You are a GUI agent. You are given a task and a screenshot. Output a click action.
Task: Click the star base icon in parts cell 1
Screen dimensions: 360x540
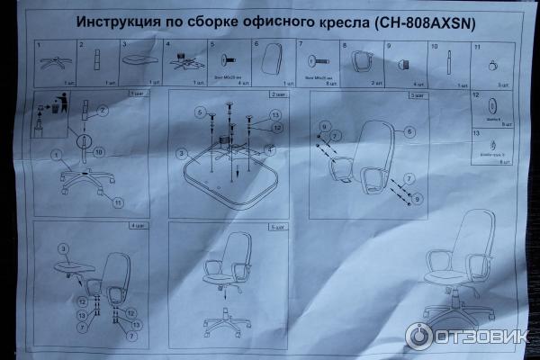click(53, 63)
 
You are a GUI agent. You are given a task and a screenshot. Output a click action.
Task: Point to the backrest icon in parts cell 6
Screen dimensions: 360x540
click(267, 61)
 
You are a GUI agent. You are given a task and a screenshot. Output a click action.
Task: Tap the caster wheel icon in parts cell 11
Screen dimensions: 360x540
click(491, 66)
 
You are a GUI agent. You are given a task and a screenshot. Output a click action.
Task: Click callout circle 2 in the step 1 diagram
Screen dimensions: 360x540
click(102, 111)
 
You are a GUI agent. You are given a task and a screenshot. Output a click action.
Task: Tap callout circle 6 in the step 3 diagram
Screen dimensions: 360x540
click(409, 131)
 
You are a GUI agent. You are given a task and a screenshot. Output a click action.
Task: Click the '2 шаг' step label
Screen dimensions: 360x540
click(278, 94)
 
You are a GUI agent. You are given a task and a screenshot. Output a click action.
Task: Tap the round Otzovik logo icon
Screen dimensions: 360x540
click(420, 336)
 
